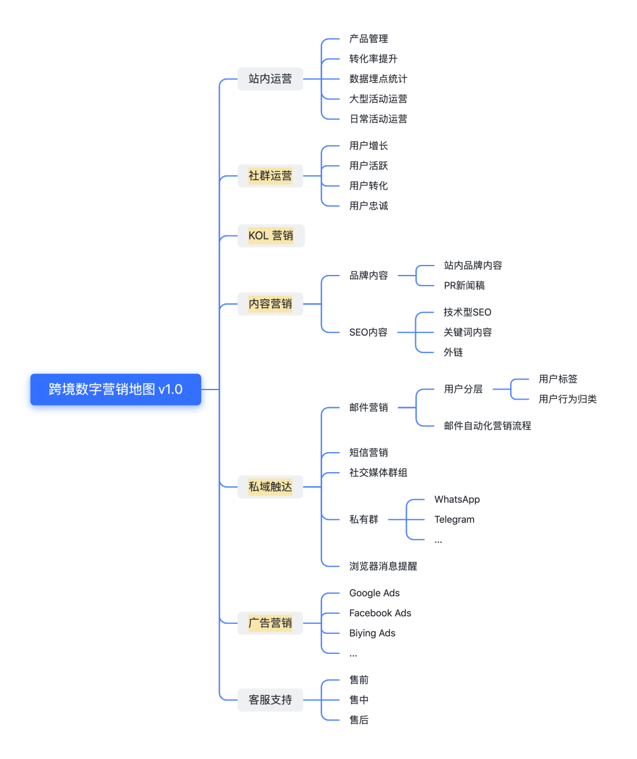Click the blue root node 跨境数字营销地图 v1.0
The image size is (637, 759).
tap(116, 390)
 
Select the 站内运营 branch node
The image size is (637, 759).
tap(270, 79)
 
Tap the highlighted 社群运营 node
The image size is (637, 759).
tap(270, 176)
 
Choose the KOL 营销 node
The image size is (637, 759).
tap(271, 235)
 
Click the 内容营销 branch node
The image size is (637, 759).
tap(270, 304)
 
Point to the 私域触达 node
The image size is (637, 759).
tap(270, 487)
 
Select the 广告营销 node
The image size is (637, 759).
tap(270, 623)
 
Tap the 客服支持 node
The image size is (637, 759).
tap(270, 700)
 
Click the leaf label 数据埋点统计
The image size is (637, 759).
tap(378, 79)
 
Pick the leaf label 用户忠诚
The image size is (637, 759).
tap(369, 206)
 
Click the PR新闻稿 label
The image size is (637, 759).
tap(464, 286)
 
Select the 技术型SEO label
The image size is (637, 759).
tap(467, 312)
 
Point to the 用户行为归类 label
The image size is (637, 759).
tap(567, 399)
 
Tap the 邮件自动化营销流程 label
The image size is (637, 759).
tap(487, 426)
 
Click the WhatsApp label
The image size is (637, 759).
tap(457, 499)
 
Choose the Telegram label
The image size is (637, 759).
tap(454, 519)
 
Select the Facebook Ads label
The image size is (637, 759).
tap(380, 613)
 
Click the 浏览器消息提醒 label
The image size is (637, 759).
tap(383, 566)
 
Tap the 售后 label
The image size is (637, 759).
tap(359, 720)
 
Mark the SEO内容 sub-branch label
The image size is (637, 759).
tap(368, 332)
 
